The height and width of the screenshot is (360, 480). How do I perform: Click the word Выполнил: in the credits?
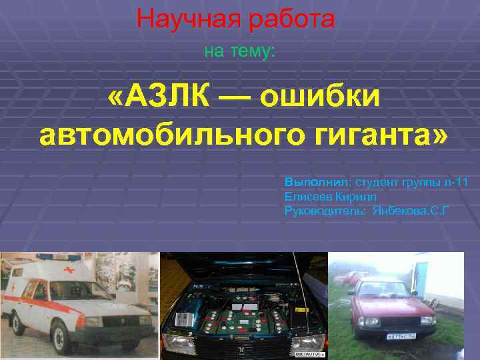point(317,181)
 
